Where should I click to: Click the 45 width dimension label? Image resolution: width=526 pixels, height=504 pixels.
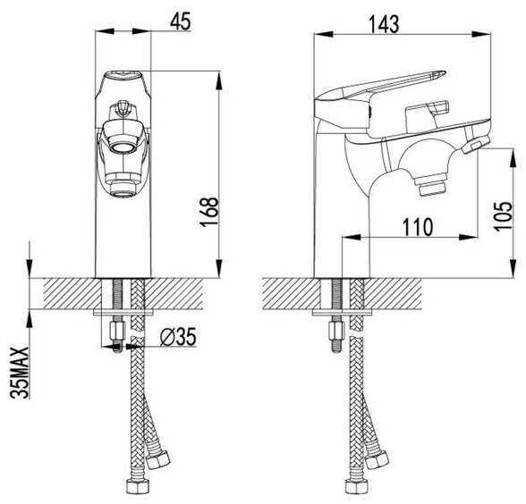pos(180,21)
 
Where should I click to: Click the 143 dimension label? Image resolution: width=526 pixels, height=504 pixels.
pos(384,24)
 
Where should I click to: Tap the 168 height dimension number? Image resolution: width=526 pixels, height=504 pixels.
pos(208,212)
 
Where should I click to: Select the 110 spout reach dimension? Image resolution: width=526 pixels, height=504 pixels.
pos(418,227)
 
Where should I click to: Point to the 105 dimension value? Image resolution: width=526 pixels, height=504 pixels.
pos(503,216)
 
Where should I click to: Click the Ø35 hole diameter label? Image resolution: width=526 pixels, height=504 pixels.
pos(178,337)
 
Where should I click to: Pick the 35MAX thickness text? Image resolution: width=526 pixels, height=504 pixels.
pos(19,373)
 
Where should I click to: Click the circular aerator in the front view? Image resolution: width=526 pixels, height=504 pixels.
pos(123,147)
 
